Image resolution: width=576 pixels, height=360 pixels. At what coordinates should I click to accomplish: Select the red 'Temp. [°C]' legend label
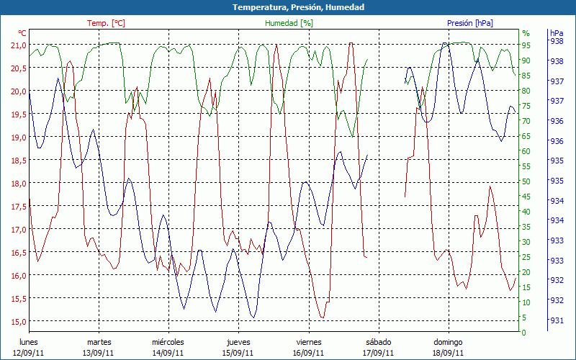click(106, 23)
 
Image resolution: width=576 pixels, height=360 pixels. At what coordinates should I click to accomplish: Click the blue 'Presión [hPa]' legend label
click(470, 23)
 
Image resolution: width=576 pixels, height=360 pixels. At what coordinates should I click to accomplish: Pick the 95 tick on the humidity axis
click(526, 45)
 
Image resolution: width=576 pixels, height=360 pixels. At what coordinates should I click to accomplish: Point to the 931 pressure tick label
click(557, 320)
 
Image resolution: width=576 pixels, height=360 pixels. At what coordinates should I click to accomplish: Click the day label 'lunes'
click(29, 342)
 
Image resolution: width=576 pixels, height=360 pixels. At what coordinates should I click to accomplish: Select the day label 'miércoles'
click(168, 342)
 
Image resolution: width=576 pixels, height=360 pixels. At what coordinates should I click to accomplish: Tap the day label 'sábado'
click(379, 342)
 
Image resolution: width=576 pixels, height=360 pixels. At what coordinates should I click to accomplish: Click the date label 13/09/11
click(99, 353)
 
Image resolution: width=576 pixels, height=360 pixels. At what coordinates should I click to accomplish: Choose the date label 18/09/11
click(449, 353)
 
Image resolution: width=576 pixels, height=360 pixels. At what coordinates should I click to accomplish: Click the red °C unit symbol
click(22, 33)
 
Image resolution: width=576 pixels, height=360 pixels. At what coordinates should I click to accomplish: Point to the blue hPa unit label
click(557, 33)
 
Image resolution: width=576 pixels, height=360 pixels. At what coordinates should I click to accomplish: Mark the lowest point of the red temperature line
click(322, 318)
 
